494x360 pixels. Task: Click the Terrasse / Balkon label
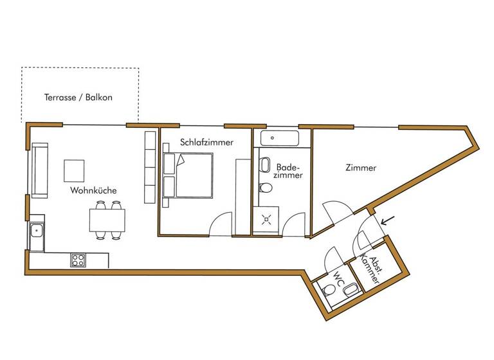[78, 98]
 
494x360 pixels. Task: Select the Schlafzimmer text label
[206, 142]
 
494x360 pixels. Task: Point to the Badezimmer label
[284, 171]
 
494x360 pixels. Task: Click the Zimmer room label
[360, 168]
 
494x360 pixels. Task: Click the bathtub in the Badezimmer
[275, 138]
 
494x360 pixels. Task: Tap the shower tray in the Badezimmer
[267, 218]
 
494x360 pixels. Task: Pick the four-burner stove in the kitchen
[78, 260]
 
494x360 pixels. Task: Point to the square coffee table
[74, 170]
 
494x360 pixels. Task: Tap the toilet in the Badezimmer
[265, 188]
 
